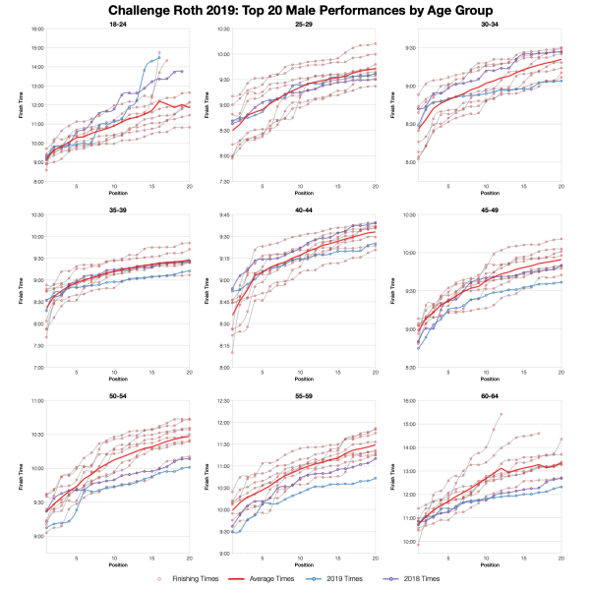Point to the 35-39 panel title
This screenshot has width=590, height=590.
[x=117, y=208]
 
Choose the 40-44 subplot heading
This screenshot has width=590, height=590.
[x=302, y=208]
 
